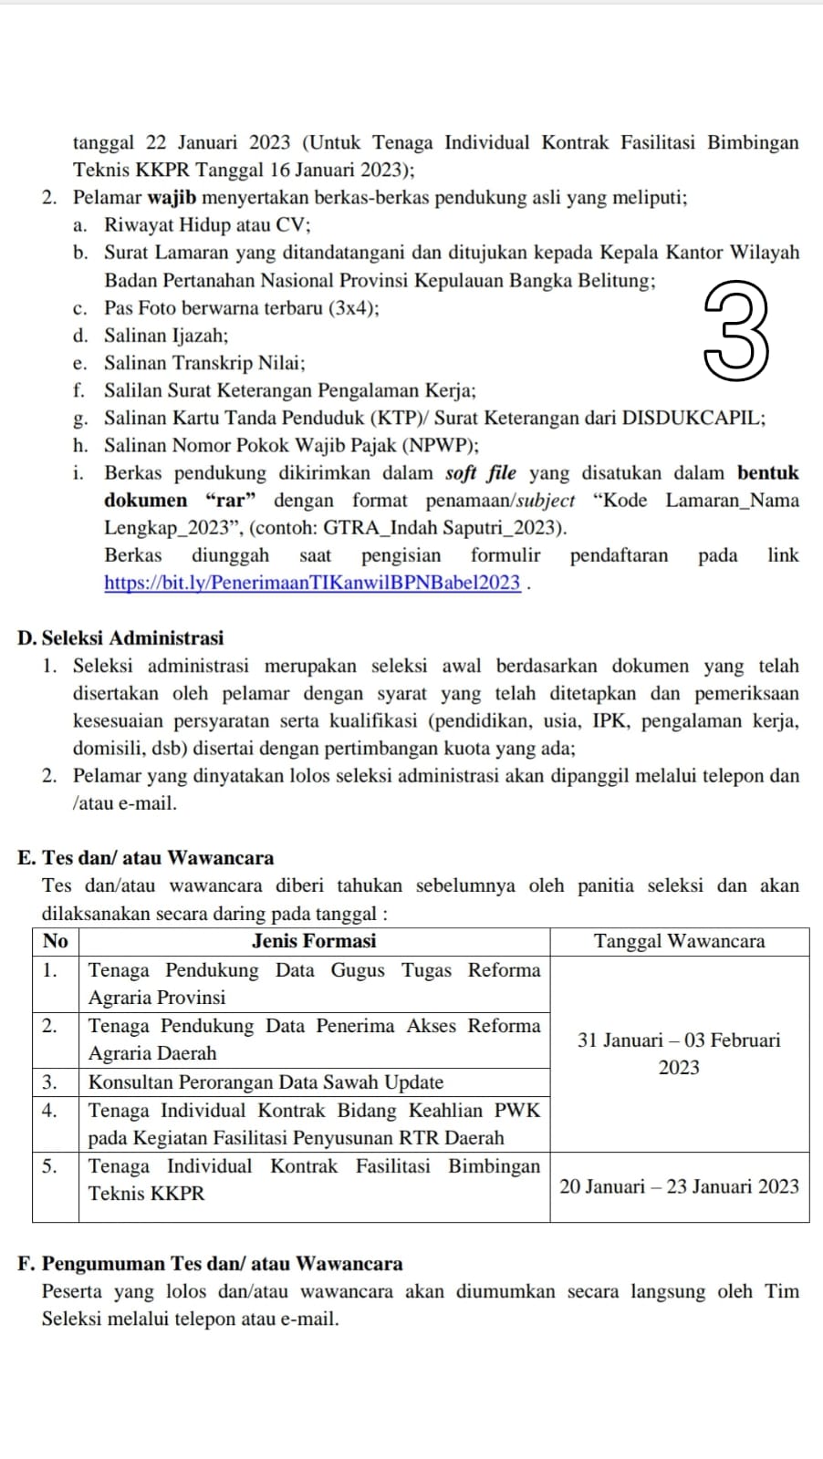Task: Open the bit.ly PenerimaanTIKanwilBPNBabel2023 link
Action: [312, 584]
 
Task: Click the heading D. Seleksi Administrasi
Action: [120, 638]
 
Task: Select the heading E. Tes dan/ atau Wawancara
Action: [146, 858]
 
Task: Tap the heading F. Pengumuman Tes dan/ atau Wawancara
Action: [210, 1264]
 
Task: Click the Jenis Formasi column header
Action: [314, 941]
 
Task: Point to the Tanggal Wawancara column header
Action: [679, 941]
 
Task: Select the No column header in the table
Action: [56, 941]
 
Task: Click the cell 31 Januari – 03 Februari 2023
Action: [679, 1053]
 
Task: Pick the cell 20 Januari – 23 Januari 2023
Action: [679, 1186]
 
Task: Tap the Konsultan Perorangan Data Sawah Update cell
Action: [266, 1082]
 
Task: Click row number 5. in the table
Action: [50, 1166]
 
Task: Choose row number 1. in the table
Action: [50, 970]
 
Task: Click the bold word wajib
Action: [172, 198]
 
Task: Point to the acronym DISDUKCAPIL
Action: [693, 419]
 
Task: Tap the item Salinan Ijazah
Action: [166, 336]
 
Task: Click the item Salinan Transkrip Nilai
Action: [204, 363]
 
